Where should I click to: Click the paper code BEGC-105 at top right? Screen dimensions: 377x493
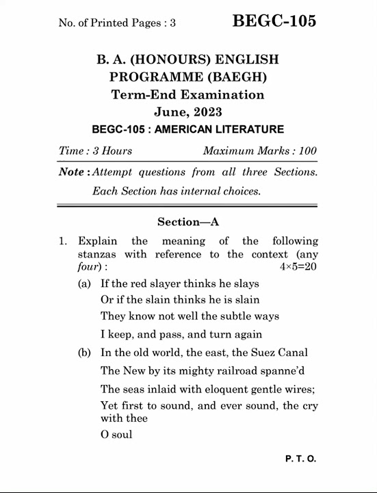tap(274, 21)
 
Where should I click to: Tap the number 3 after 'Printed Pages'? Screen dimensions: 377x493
tap(173, 23)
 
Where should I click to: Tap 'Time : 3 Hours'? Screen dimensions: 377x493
tap(95, 151)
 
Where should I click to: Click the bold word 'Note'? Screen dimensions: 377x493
tap(71, 173)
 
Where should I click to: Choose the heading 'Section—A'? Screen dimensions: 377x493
tap(188, 222)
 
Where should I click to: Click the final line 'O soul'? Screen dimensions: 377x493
tap(116, 435)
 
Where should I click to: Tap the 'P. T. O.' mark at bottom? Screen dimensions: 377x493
tap(300, 459)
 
